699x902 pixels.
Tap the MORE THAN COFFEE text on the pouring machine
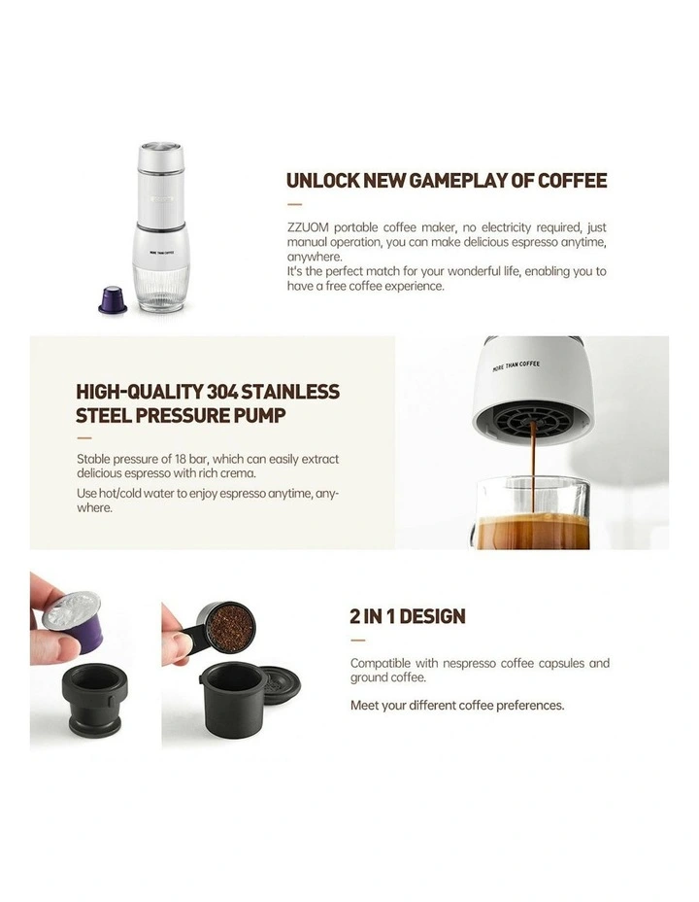pos(516,366)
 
